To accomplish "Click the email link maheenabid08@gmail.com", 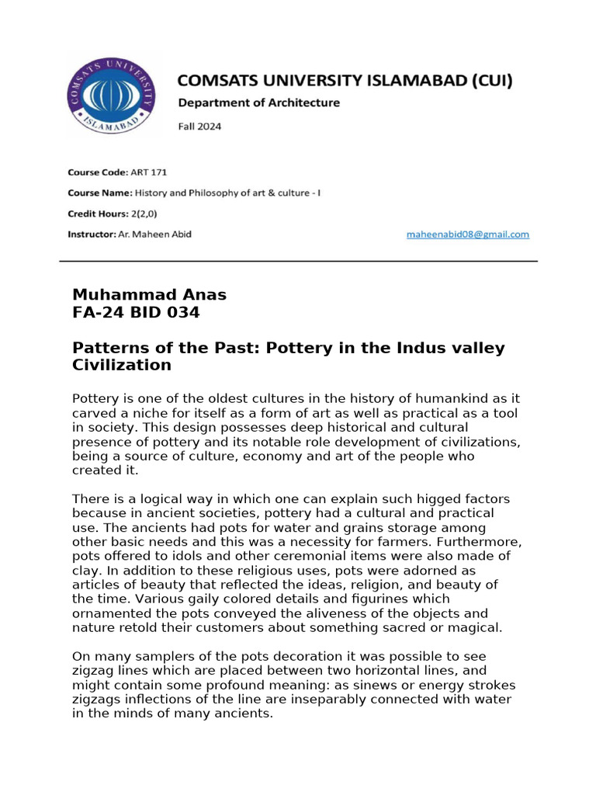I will tap(468, 234).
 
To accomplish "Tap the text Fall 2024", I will tap(200, 127).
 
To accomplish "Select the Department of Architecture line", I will tap(258, 102).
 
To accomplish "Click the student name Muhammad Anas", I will tap(149, 294).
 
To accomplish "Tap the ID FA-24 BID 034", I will tap(136, 313).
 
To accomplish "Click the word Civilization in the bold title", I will tap(121, 365).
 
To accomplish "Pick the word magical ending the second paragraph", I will tap(476, 627).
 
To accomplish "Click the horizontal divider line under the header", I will tap(299, 262).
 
